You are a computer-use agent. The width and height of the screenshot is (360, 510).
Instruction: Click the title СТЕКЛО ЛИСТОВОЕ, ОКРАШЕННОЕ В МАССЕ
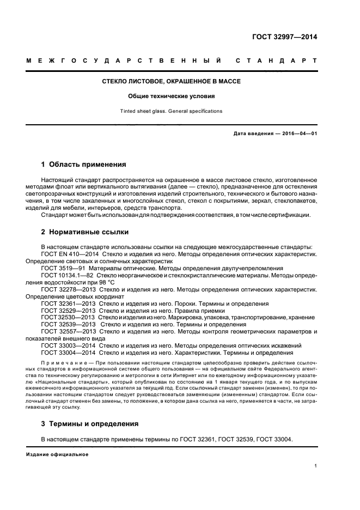pos(172,81)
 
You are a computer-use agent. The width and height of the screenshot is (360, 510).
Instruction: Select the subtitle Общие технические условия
pos(172,96)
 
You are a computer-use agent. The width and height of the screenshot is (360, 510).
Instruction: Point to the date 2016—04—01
pos(298,133)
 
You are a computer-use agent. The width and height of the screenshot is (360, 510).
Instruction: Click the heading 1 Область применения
pos(84,164)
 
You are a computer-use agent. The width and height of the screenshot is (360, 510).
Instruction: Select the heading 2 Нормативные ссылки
pos(85,232)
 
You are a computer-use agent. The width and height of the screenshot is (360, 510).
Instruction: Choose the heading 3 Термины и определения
pos(90,423)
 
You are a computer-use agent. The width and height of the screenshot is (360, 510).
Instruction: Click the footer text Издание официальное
pos(57,454)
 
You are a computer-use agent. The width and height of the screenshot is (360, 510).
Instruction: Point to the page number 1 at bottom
pos(316,466)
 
